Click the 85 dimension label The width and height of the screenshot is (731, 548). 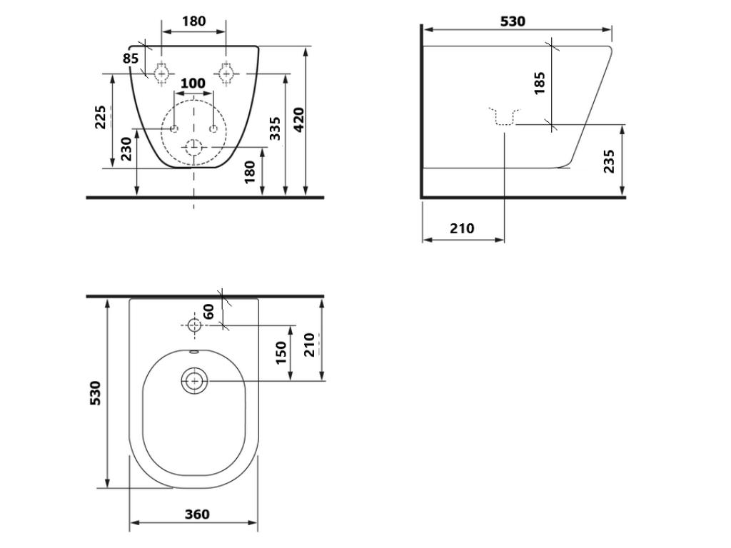coord(130,59)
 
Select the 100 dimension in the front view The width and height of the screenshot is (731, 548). coord(193,83)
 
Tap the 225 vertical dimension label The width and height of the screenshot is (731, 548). coord(101,117)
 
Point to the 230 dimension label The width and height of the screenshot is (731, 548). coord(126,149)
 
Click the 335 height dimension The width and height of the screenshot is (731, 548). coord(275,128)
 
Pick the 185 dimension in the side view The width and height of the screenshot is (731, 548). coord(540,82)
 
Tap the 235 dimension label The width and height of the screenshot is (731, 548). coord(609,161)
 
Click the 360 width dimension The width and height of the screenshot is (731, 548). coord(197,514)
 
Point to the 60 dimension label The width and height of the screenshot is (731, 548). coord(209,311)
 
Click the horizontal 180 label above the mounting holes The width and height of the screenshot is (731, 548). coord(193,21)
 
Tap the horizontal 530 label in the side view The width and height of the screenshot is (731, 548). coord(513,21)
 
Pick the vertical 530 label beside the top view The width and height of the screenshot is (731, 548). coord(95,392)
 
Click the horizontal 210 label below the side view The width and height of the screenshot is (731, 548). coord(462,228)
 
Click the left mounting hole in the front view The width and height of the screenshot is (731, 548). coord(162,73)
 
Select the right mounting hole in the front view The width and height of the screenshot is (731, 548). coord(226,73)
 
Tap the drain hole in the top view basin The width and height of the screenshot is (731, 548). coord(193,381)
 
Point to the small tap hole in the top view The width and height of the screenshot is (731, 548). coord(194,325)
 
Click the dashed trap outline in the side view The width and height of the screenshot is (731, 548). coord(505,118)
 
